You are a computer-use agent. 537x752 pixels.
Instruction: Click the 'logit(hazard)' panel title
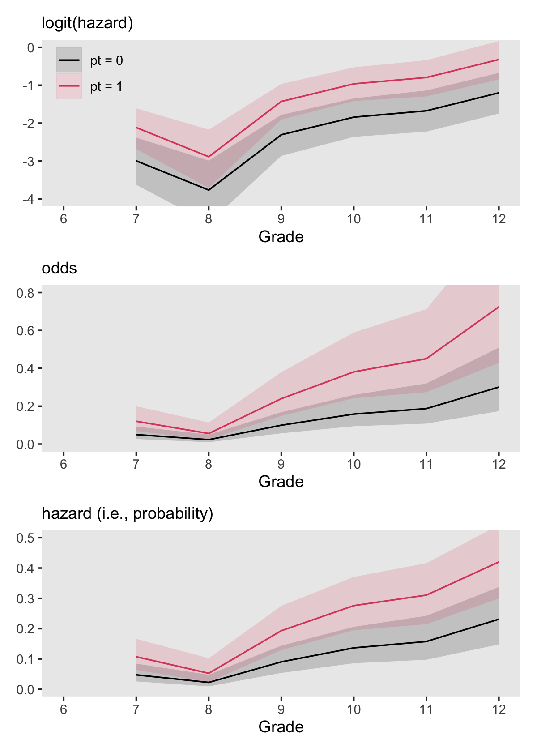pos(87,23)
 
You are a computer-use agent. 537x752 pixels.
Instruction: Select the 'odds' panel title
pos(59,268)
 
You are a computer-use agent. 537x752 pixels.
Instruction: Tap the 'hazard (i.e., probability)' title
pos(127,513)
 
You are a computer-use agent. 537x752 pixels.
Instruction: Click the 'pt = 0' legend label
pos(107,60)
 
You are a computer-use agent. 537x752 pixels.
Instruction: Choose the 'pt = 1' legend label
pos(107,86)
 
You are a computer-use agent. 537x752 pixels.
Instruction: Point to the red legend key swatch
pos(69,86)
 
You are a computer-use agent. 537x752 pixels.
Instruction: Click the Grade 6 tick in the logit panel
pos(64,219)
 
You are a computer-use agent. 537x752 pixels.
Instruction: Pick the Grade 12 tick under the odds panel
pos(499,464)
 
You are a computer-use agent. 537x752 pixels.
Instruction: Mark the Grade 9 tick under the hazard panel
pos(281,709)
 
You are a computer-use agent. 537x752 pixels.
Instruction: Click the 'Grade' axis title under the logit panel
pos(281,237)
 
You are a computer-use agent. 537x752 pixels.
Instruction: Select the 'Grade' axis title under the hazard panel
pos(281,727)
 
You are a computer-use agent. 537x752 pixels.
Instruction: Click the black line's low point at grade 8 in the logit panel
pos(209,190)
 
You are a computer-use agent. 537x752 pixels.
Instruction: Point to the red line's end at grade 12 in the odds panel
pos(499,307)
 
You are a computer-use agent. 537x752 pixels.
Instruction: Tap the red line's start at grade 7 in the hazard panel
pos(136,657)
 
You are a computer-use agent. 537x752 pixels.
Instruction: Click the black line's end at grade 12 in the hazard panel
pos(499,619)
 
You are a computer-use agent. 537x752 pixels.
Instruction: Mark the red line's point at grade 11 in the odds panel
pos(426,359)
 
